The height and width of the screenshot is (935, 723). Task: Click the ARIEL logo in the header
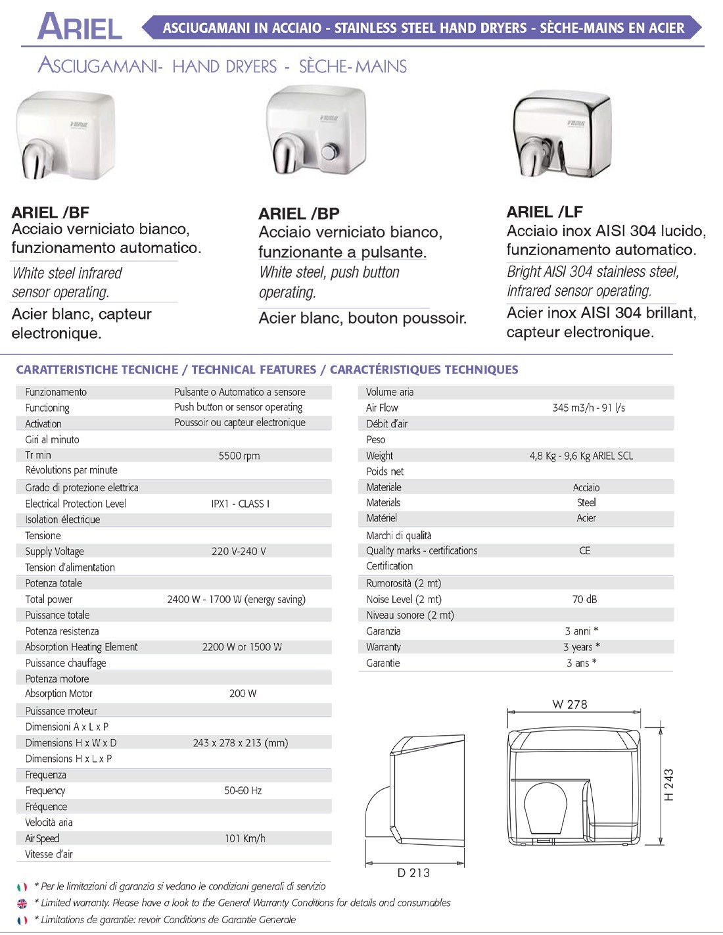coord(80,27)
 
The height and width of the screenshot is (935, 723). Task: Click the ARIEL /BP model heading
coord(299,214)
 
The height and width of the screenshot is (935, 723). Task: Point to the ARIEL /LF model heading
coord(545,212)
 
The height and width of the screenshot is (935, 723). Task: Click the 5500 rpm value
coord(239,456)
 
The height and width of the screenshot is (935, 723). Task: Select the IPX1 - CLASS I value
coord(240,504)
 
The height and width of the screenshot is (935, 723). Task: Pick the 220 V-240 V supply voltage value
coord(239,552)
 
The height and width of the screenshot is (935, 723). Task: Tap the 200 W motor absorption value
coord(243,694)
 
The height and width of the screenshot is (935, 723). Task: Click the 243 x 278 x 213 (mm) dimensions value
coord(241,743)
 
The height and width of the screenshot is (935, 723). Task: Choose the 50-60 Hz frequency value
coord(243,791)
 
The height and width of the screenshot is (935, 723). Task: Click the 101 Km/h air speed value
coord(245,839)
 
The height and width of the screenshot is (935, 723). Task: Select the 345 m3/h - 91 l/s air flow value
coord(588,408)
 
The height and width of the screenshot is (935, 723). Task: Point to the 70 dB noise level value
coord(584,600)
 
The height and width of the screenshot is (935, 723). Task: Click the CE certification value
coord(584,551)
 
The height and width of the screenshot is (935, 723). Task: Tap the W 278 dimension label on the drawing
coord(570,705)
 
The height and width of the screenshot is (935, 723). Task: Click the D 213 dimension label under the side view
coord(413,873)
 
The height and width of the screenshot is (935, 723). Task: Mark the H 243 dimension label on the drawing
coord(669,785)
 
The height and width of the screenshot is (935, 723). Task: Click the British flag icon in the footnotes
coord(22,903)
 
